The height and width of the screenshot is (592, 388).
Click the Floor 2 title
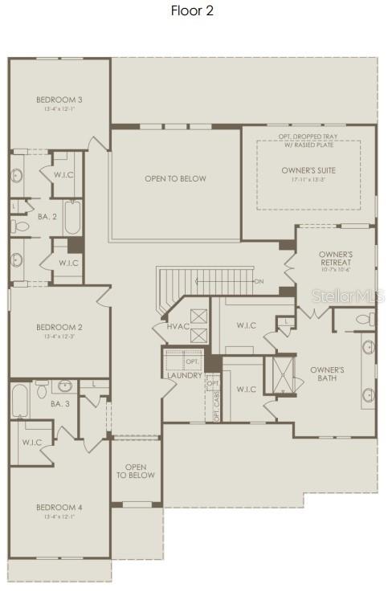click(x=193, y=10)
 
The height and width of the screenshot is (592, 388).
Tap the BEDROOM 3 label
click(x=59, y=100)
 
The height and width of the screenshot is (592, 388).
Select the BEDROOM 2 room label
click(x=59, y=327)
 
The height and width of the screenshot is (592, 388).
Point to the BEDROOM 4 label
click(x=59, y=507)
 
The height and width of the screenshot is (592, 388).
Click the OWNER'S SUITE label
click(x=308, y=170)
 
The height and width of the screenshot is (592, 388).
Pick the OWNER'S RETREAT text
click(x=336, y=259)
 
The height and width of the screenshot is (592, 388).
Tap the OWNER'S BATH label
click(x=327, y=374)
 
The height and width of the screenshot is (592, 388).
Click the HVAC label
click(x=178, y=327)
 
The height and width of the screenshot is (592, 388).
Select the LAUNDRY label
click(x=185, y=375)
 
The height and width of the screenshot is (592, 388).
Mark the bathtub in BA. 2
click(x=72, y=217)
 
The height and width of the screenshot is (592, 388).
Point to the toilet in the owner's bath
click(x=363, y=320)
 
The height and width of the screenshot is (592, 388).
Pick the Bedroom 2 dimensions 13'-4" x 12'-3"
click(x=59, y=337)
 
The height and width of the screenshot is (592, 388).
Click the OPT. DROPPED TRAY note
click(x=308, y=137)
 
